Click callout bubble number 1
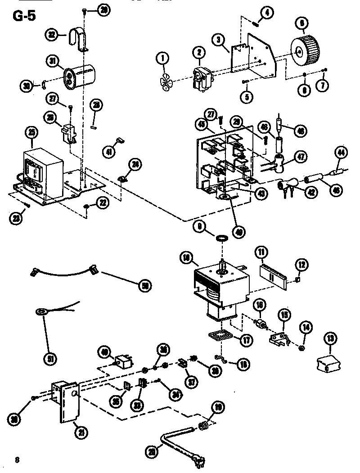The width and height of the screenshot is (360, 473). pos(162,58)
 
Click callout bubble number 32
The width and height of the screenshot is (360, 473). pos(52,34)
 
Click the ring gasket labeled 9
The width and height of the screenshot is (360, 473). pos(221,236)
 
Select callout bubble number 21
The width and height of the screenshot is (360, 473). pos(81,433)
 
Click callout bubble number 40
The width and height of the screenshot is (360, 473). pos(104,351)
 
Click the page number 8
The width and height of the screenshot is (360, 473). pos(17,459)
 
